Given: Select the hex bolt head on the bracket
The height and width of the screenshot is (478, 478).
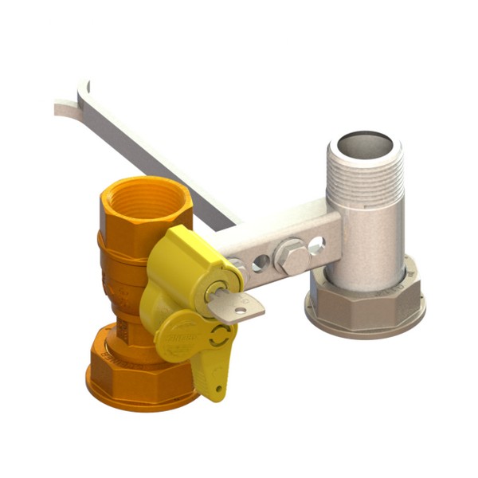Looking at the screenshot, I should (x=289, y=257).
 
